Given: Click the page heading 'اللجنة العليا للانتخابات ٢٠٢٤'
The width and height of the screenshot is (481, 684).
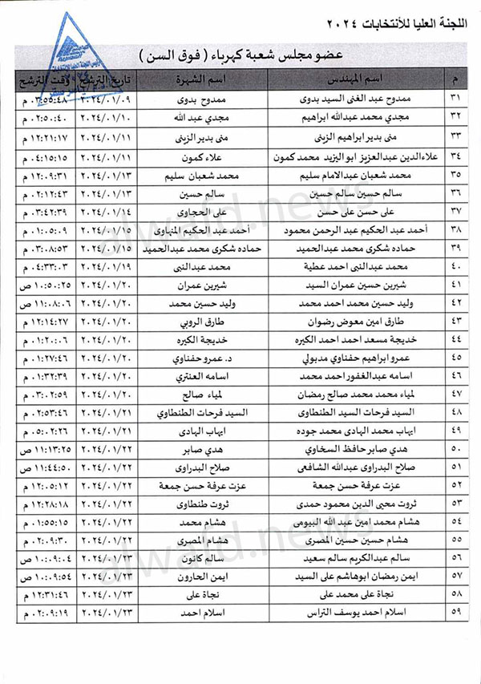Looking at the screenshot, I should (385, 18).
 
